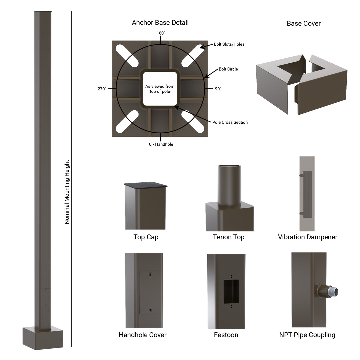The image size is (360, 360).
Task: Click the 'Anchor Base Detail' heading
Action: (x=160, y=23)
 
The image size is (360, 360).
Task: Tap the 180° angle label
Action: (x=161, y=33)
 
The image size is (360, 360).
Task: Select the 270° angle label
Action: (x=101, y=89)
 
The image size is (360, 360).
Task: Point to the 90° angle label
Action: (x=218, y=89)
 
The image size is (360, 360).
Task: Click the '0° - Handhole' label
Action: (x=161, y=144)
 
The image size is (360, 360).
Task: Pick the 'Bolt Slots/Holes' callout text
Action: (x=229, y=44)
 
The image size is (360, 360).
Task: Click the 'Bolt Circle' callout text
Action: (x=228, y=69)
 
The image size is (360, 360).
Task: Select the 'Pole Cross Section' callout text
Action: (x=230, y=122)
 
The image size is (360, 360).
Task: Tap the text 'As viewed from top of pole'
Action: (x=160, y=89)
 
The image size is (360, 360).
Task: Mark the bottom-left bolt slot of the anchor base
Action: (x=127, y=122)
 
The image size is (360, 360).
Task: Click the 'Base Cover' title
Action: (x=304, y=23)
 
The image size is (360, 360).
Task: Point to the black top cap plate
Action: (x=145, y=184)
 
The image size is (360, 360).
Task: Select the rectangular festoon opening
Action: (x=231, y=291)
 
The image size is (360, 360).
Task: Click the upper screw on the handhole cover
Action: (x=150, y=274)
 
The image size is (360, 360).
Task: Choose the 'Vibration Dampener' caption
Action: (x=307, y=237)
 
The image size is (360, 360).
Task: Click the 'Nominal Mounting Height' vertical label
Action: (x=67, y=192)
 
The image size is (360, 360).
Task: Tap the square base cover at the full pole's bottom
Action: (x=43, y=338)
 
